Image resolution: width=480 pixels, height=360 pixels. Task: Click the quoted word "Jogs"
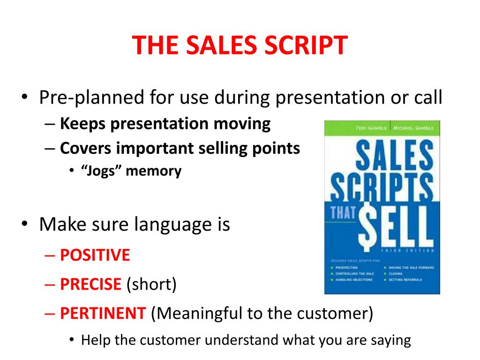click(101, 171)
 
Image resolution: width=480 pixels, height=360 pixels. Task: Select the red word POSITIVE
click(95, 255)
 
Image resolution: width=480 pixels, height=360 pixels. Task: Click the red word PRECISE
click(90, 285)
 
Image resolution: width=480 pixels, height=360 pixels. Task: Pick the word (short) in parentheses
click(151, 285)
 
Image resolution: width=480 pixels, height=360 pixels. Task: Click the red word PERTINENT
click(103, 313)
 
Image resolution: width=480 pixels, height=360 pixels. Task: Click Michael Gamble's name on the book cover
click(412, 128)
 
